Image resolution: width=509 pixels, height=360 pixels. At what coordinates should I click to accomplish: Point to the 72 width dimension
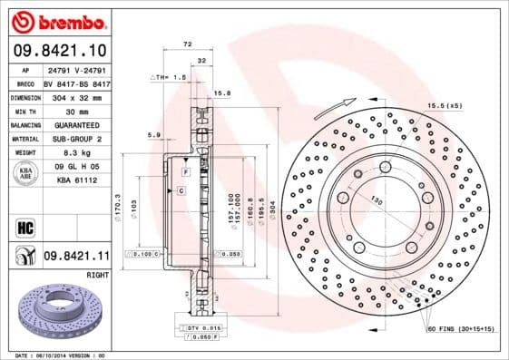188,44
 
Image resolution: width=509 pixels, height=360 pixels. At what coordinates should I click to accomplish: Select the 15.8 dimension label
221,92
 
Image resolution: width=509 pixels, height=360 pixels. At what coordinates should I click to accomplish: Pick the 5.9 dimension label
153,135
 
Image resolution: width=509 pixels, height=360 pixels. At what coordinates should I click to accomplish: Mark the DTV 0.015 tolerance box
205,326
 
